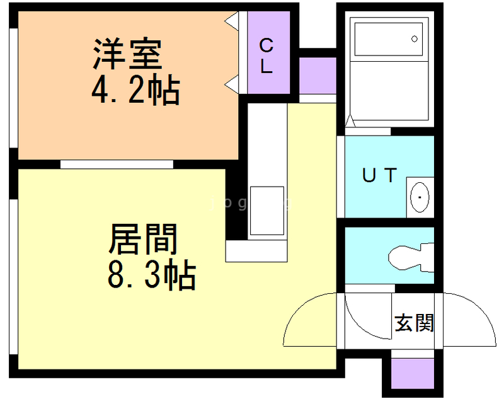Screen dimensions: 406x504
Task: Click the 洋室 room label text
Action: [129, 55]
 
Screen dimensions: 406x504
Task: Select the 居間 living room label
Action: [144, 240]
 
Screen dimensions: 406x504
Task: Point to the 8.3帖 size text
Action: [151, 275]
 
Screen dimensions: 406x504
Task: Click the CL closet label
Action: [267, 55]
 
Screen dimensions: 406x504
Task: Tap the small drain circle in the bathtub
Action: [415, 39]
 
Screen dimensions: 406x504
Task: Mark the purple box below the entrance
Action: [413, 373]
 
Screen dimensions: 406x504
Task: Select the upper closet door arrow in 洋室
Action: [232, 21]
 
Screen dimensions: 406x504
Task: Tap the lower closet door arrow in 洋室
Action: [232, 82]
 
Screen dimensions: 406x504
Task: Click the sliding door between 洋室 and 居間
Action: [117, 164]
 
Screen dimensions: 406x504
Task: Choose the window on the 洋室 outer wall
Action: [13, 88]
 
